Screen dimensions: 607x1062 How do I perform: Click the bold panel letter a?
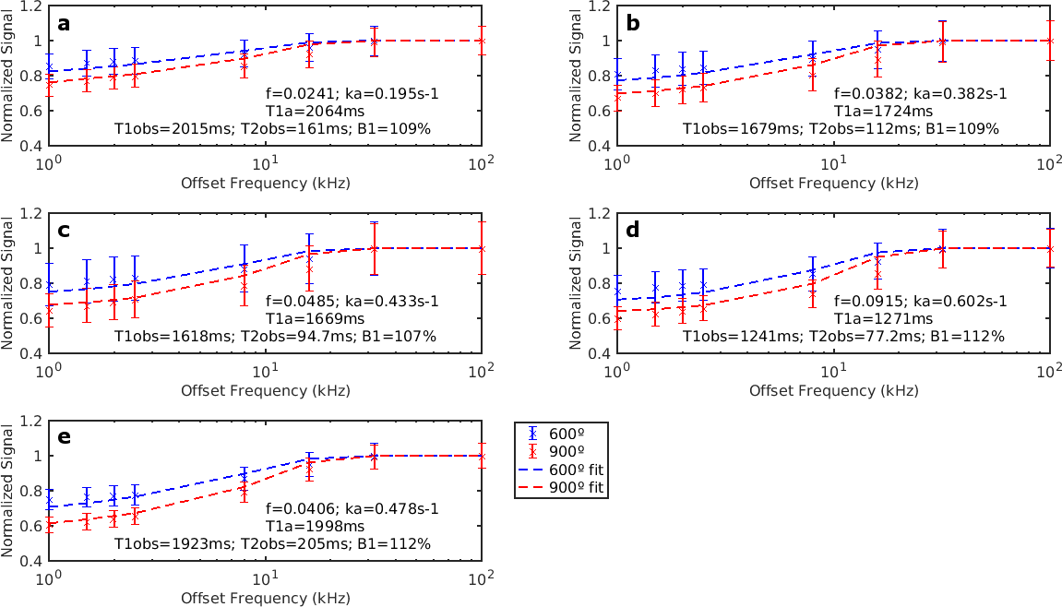click(64, 24)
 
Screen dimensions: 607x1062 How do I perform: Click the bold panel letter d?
click(632, 231)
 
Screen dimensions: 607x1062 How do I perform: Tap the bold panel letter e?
click(64, 437)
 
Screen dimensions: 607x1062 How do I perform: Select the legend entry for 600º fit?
click(574, 469)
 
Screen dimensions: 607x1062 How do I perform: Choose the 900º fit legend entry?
click(574, 486)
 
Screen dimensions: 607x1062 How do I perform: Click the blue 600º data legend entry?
click(566, 434)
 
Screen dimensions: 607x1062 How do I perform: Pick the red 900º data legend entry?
click(566, 451)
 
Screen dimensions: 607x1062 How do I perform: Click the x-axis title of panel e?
click(265, 598)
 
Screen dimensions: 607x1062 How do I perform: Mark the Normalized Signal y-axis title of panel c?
click(8, 283)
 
